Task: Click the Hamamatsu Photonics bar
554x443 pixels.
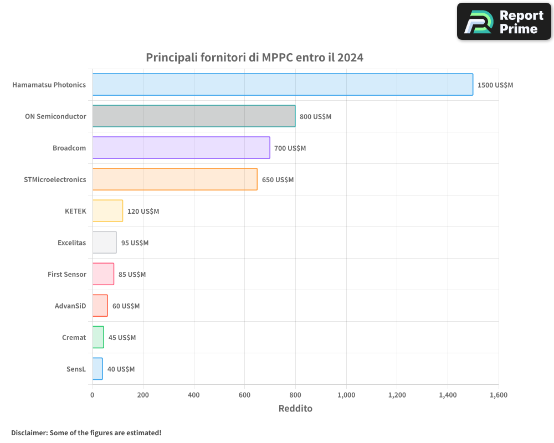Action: [283, 85]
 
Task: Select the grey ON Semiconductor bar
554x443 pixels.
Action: [194, 116]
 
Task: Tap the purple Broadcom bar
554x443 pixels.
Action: [181, 148]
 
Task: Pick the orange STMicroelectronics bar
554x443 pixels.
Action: [175, 179]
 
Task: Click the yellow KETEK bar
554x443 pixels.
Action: [107, 211]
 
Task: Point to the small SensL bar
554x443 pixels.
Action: [98, 369]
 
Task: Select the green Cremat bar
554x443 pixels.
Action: [98, 337]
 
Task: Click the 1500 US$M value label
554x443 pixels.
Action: [495, 85]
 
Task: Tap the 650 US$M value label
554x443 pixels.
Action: [278, 180]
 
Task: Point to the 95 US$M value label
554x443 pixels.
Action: [135, 243]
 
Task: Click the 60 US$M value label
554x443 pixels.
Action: [126, 306]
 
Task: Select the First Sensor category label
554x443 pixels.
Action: [67, 274]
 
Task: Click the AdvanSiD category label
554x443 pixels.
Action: [70, 306]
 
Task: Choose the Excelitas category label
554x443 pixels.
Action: [72, 243]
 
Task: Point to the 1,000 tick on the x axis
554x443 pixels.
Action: [346, 395]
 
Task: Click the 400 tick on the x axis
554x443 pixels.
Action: [194, 395]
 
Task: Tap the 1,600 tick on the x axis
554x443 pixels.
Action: [499, 395]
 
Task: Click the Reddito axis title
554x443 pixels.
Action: [295, 409]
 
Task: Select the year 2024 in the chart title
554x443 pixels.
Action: [350, 58]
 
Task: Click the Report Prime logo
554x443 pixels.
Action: [504, 22]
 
